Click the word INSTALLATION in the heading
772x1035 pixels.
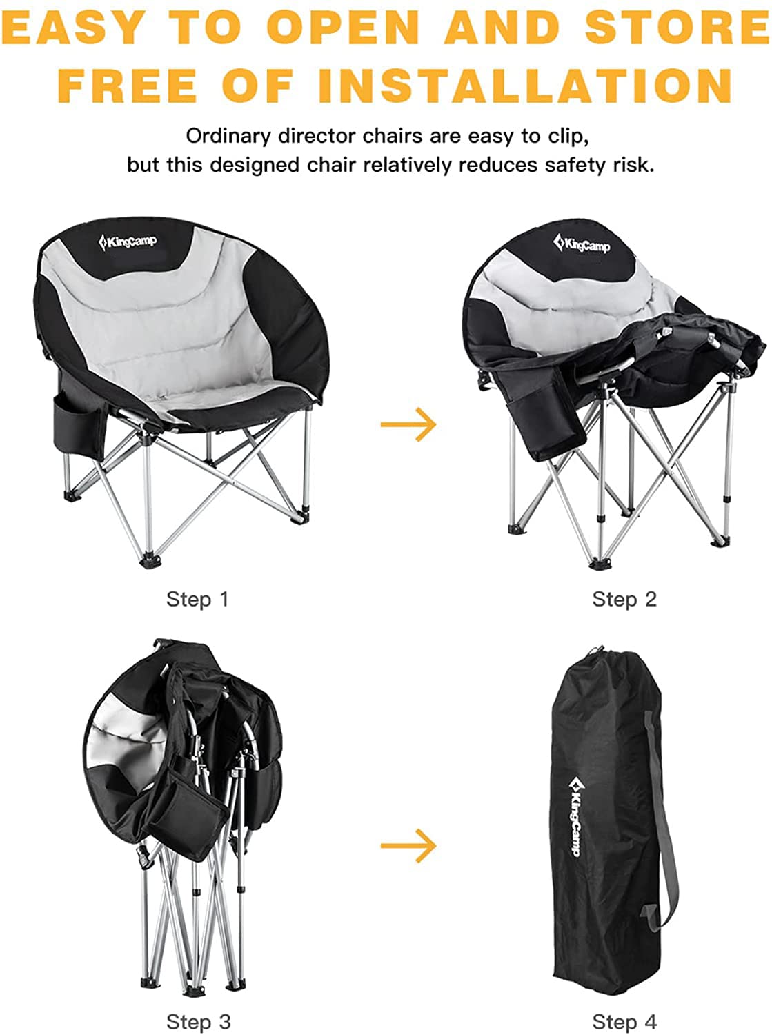tap(525, 85)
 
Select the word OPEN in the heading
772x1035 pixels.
tap(344, 28)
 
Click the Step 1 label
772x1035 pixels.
tap(197, 599)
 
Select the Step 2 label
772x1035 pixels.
tap(624, 599)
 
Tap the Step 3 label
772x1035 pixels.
tap(197, 1022)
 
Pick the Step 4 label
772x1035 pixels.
tap(624, 1022)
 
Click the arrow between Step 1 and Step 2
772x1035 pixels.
tap(408, 423)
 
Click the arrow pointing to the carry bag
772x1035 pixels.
tap(408, 845)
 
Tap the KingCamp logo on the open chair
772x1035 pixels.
tap(128, 242)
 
